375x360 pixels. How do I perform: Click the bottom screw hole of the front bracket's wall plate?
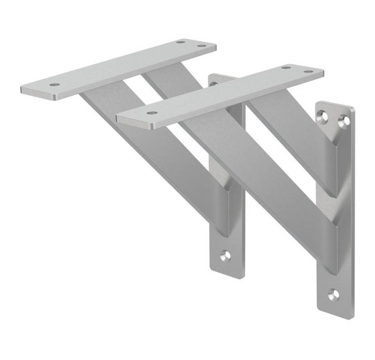[333, 294]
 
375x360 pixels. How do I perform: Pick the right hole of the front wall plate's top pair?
[345, 120]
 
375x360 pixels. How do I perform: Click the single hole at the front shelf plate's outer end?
[151, 112]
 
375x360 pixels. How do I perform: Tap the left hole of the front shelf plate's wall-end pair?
[285, 67]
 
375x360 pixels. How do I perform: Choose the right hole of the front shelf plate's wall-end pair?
[307, 72]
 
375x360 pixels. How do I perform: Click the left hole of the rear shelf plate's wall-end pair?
[180, 42]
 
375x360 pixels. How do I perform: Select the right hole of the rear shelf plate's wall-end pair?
[202, 46]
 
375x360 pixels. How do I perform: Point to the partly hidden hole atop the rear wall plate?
[214, 84]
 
